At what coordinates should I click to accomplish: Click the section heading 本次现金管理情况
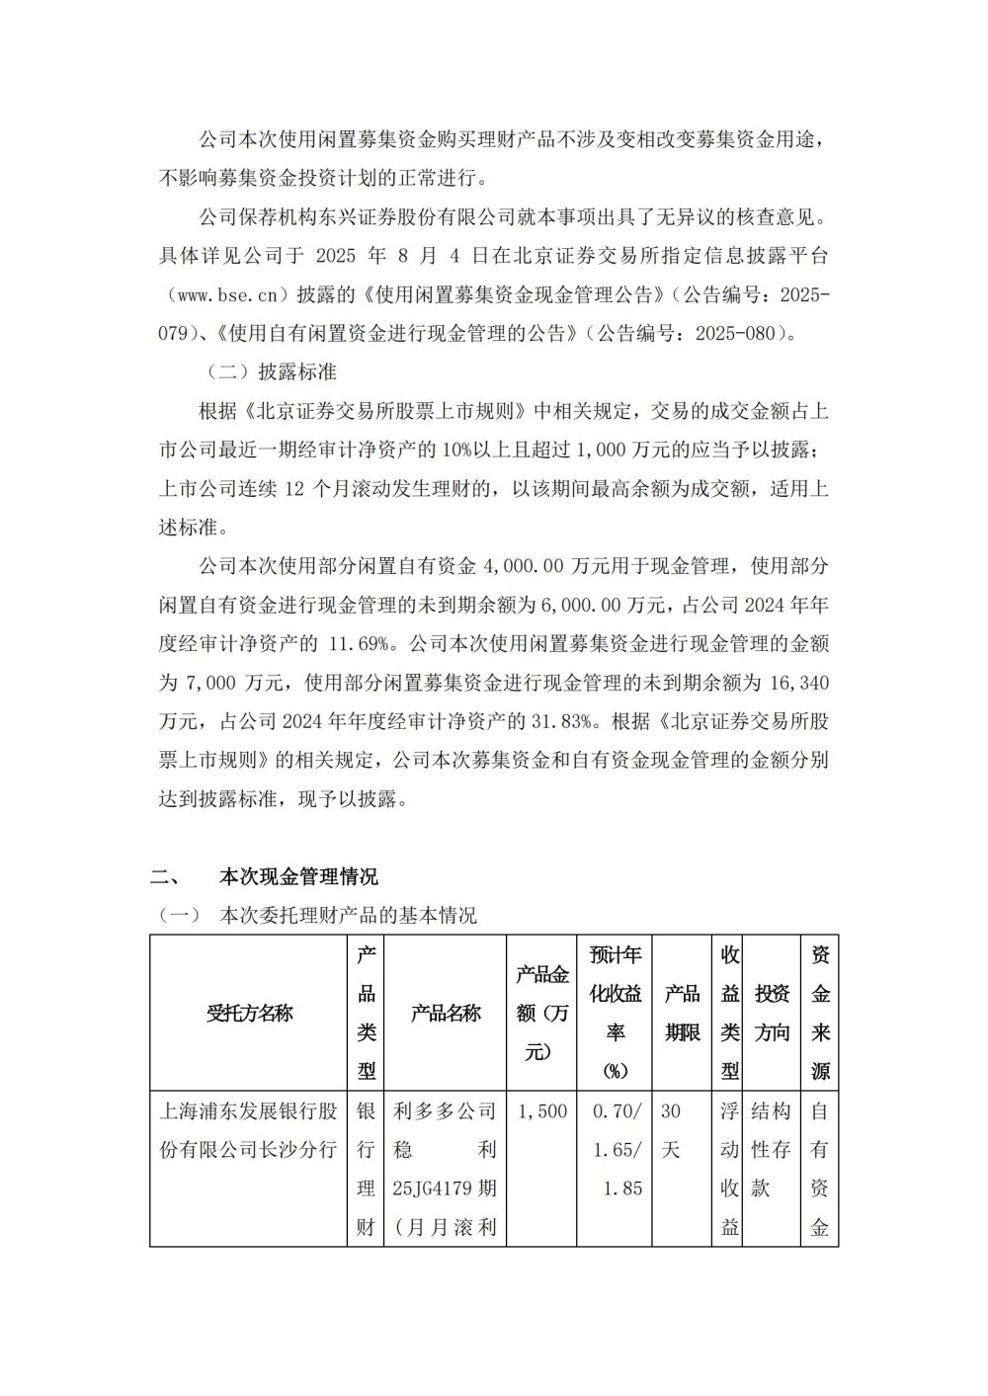point(298,876)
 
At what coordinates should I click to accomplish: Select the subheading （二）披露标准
point(271,371)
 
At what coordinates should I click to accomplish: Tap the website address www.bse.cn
point(227,294)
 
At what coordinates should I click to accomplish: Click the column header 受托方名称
point(249,1013)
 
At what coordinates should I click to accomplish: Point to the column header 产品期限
point(683,1013)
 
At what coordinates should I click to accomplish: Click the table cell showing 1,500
point(542,1111)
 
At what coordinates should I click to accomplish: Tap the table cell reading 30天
point(671,1130)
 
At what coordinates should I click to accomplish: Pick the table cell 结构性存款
point(771,1150)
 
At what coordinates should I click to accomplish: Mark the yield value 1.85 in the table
point(622,1189)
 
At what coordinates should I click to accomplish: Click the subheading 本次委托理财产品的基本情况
point(348,916)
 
